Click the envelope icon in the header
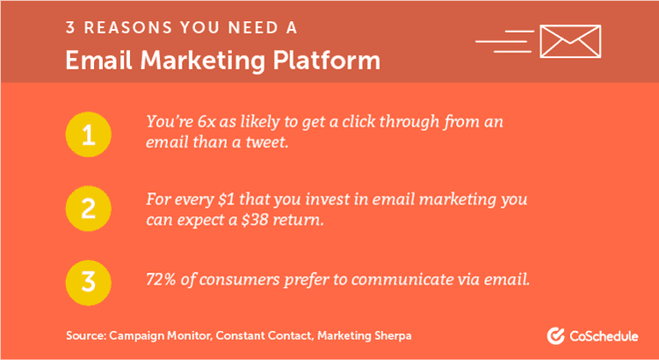[x=570, y=40]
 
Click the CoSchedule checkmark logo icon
[x=555, y=335]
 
